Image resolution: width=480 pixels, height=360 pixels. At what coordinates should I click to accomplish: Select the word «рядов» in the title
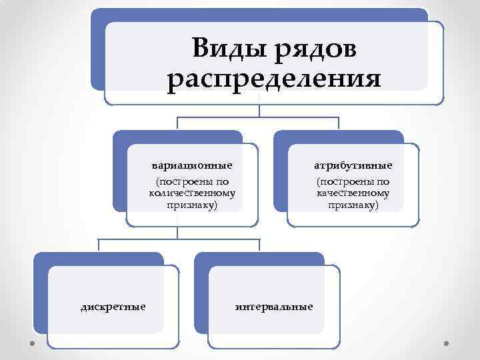[x=314, y=48]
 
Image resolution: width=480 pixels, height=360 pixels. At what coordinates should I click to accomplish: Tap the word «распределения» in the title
[x=274, y=79]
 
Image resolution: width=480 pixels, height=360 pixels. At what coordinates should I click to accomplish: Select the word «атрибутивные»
[x=353, y=165]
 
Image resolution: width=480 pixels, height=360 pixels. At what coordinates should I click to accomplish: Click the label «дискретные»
[x=113, y=307]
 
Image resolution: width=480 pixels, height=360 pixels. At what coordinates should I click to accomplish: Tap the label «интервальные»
[x=274, y=307]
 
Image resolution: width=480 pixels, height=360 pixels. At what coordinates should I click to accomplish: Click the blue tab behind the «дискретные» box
[x=40, y=293]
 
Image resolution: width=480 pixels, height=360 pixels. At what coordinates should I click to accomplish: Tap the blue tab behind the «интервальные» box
[x=201, y=293]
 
